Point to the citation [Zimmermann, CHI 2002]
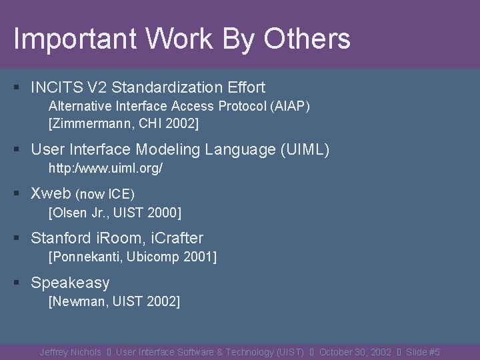point(123,123)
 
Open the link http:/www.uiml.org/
point(106,169)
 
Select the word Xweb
point(51,194)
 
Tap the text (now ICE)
point(105,195)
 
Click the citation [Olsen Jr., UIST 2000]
point(115,213)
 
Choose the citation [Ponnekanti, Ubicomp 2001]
point(133,257)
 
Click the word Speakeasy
point(70,283)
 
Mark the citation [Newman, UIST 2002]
point(114,302)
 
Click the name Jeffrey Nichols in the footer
point(70,352)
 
